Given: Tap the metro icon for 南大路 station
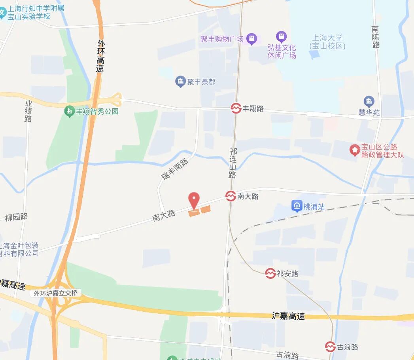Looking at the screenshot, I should tap(231, 196).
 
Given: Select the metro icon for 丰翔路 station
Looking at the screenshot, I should tap(236, 108).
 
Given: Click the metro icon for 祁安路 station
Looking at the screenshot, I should tap(270, 273).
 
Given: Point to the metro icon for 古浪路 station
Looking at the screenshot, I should tap(330, 347).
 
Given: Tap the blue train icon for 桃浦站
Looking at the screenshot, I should tap(297, 206).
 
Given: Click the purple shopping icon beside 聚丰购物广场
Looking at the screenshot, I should tap(251, 39).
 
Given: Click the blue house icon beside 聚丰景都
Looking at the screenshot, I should tap(180, 82).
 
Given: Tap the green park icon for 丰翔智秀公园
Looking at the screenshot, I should tap(70, 111).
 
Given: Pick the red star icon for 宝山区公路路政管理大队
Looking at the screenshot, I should tap(354, 150).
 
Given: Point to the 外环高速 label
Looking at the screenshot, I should tap(101, 55).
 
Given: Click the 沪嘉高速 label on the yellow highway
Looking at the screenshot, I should tap(288, 316).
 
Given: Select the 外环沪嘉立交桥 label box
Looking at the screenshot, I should tap(56, 293).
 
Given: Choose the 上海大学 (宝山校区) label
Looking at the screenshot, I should tap(327, 42).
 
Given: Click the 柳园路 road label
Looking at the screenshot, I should tap(17, 217).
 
